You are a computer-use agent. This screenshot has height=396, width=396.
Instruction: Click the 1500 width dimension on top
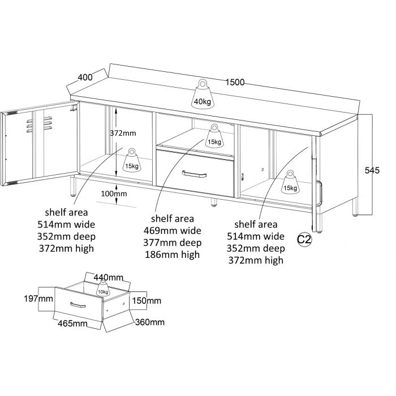234,82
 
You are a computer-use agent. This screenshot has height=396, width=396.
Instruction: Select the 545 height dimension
372,170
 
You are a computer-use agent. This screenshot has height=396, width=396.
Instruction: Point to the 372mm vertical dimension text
122,134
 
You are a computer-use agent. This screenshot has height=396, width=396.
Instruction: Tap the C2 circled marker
304,239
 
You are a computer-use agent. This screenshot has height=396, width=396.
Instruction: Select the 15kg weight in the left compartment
132,160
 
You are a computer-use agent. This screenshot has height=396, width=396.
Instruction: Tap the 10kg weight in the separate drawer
103,288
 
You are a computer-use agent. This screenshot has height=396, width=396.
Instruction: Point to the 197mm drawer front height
45,298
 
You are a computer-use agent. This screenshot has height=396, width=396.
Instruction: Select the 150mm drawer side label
146,300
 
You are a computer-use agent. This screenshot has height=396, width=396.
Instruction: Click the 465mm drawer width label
72,324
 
